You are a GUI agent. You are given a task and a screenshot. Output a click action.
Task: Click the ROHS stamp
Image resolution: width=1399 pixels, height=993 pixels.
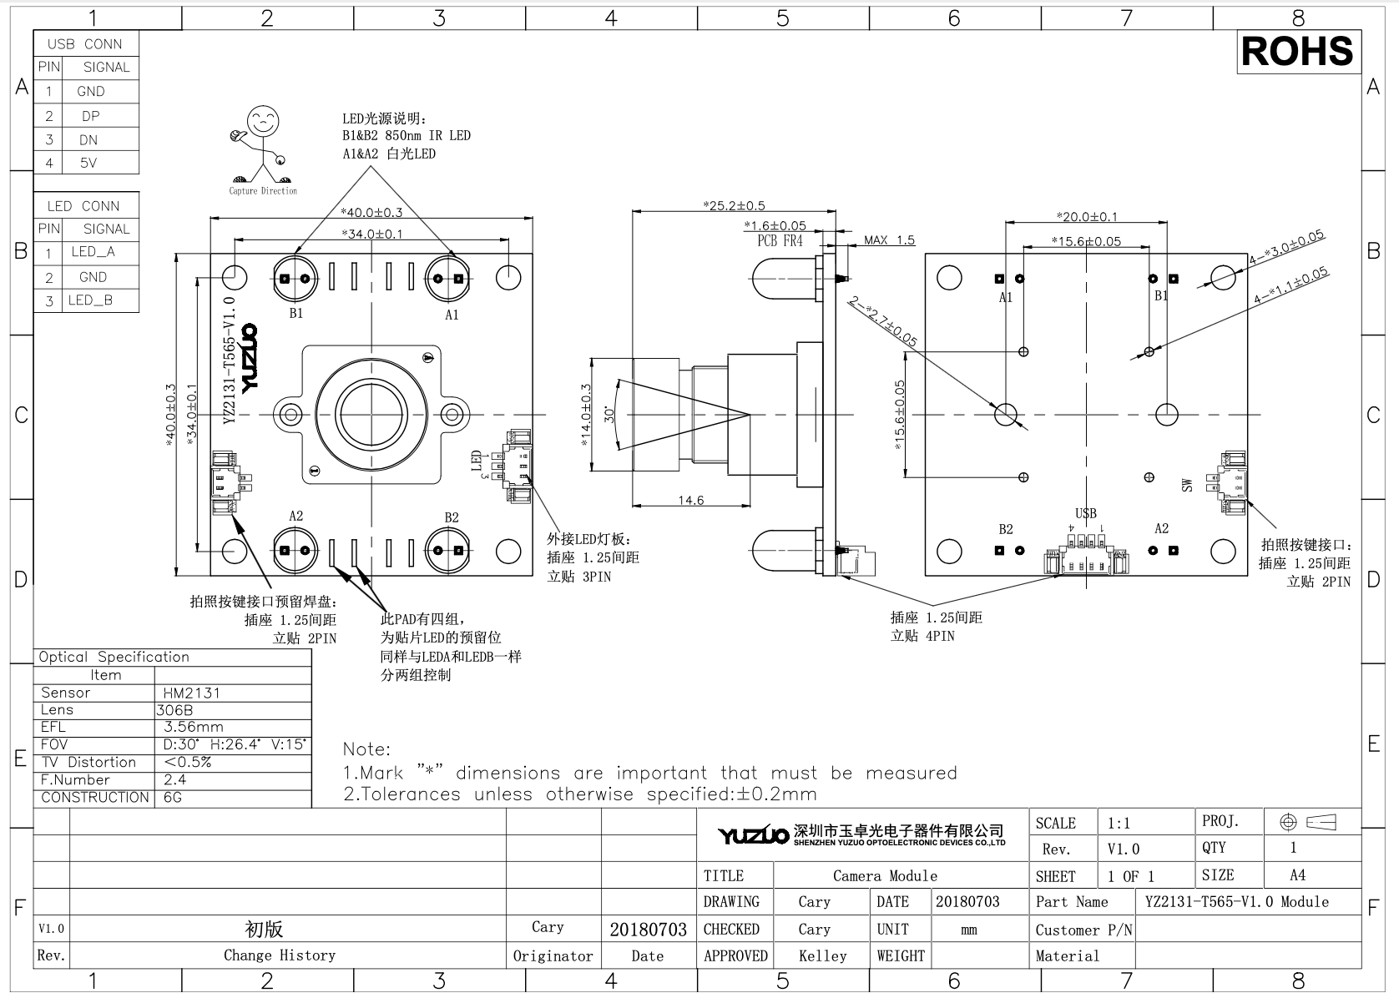tap(1298, 51)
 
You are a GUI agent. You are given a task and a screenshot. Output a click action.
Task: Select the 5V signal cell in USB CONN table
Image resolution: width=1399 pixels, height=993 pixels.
tap(88, 163)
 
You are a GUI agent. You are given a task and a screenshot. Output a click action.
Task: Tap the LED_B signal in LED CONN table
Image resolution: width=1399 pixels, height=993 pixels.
tap(90, 300)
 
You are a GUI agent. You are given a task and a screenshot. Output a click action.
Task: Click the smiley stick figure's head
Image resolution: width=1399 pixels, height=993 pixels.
tap(263, 121)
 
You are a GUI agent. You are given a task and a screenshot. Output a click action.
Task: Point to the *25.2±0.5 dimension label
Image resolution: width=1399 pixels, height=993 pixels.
tap(734, 205)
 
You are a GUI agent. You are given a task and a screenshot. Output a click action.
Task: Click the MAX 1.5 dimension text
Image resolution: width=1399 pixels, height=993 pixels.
tap(889, 239)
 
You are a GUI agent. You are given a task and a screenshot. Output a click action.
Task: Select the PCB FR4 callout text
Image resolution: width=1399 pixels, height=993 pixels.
tap(780, 241)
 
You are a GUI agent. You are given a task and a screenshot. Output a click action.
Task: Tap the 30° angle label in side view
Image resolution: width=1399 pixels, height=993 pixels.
tap(609, 414)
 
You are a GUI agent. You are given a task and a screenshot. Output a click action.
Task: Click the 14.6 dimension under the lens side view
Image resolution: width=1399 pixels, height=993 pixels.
tap(691, 500)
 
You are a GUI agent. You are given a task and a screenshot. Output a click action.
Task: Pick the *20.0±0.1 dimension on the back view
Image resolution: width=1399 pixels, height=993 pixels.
tap(1087, 217)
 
